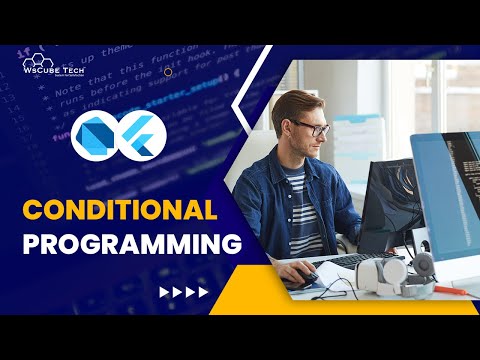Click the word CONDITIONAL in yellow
click(119, 210)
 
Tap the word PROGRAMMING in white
click(133, 244)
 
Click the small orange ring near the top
click(167, 71)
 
